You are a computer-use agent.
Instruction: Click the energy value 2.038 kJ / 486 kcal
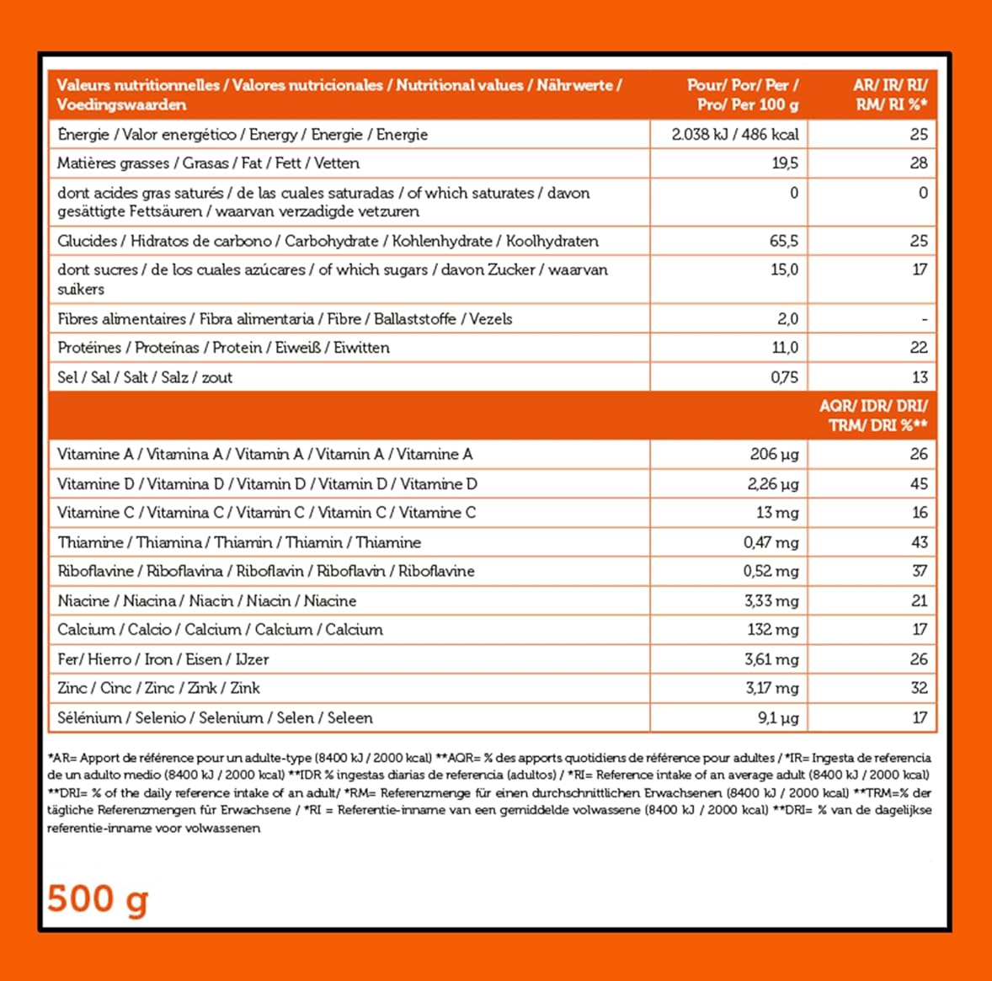pos(734,134)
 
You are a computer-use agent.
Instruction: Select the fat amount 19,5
pos(785,163)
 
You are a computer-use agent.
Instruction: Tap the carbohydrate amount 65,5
pos(783,241)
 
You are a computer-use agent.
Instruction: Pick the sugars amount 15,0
pos(784,269)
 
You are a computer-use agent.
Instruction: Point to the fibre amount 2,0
pos(787,319)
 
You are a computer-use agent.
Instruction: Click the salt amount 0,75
pos(784,377)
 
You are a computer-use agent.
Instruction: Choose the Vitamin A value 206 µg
pos(774,455)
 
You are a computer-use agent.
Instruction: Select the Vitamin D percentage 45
pos(918,484)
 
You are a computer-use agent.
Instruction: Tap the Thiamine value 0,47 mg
pos(771,542)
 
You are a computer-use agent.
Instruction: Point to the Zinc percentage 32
pos(919,688)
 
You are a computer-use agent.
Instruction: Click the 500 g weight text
pos(98,898)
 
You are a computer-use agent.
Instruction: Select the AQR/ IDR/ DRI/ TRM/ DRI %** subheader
pos(873,415)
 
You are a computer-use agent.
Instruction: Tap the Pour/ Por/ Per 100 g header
pos(742,94)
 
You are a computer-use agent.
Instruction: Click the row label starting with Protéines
pos(223,348)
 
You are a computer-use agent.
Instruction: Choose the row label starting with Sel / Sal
pos(145,377)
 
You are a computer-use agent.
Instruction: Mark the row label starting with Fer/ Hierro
pos(163,659)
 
